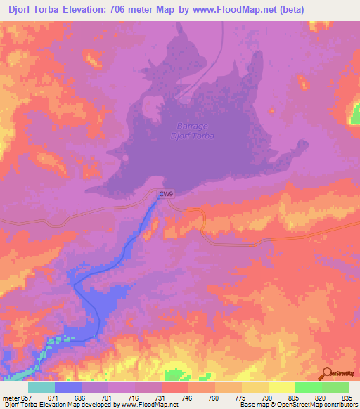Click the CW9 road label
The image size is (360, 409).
pyautogui.click(x=165, y=195)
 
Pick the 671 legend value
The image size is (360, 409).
pyautogui.click(x=53, y=397)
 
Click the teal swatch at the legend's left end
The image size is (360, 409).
pyautogui.click(x=41, y=387)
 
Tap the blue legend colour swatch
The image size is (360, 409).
pyautogui.click(x=68, y=387)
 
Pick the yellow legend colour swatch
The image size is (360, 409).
pyautogui.click(x=282, y=387)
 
